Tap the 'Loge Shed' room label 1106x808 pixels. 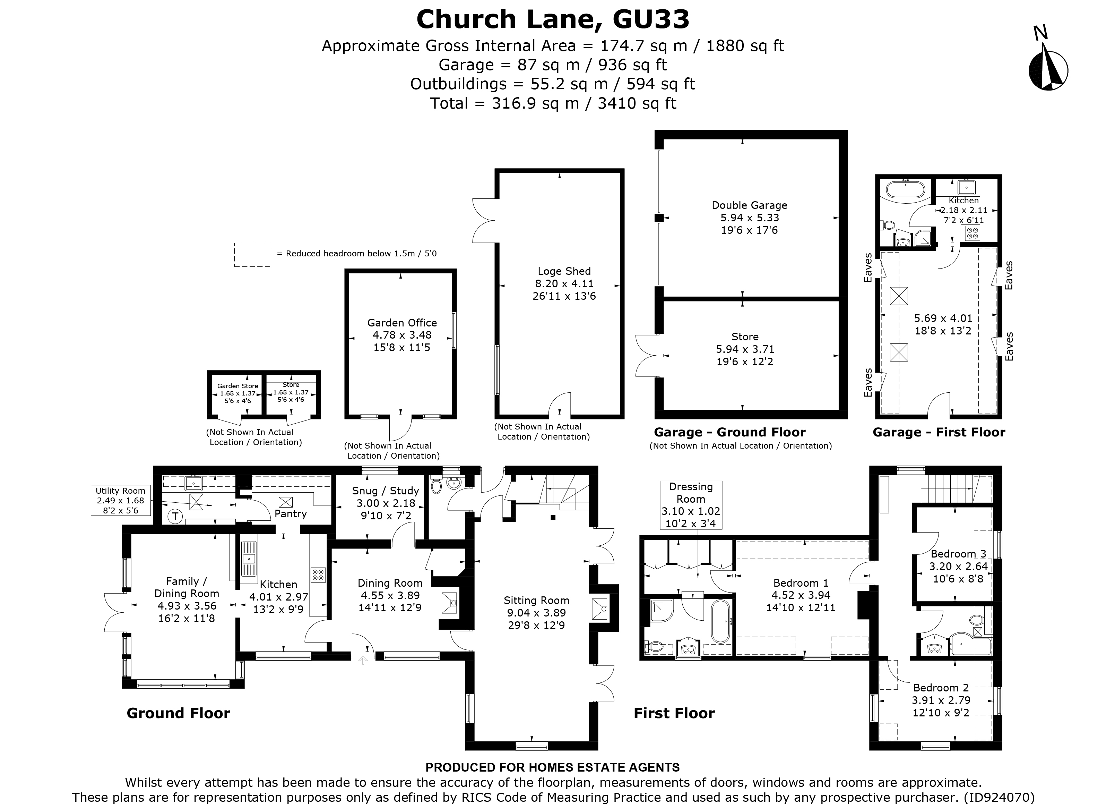coord(564,271)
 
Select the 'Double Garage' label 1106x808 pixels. coord(749,205)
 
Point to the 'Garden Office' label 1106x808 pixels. coord(402,323)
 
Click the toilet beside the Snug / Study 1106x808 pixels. coord(437,486)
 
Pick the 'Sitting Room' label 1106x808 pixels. coord(536,601)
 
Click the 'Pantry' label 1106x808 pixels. coord(290,513)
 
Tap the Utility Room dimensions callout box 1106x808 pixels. coord(120,500)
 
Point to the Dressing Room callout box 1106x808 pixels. coord(691,505)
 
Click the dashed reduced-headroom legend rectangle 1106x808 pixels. coord(252,255)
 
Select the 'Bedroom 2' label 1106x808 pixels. coord(941,688)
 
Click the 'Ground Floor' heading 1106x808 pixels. coord(179,713)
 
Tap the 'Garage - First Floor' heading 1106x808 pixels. coord(939,432)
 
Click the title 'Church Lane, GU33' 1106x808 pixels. coord(553,19)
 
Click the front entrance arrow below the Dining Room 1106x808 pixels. coord(363,660)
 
